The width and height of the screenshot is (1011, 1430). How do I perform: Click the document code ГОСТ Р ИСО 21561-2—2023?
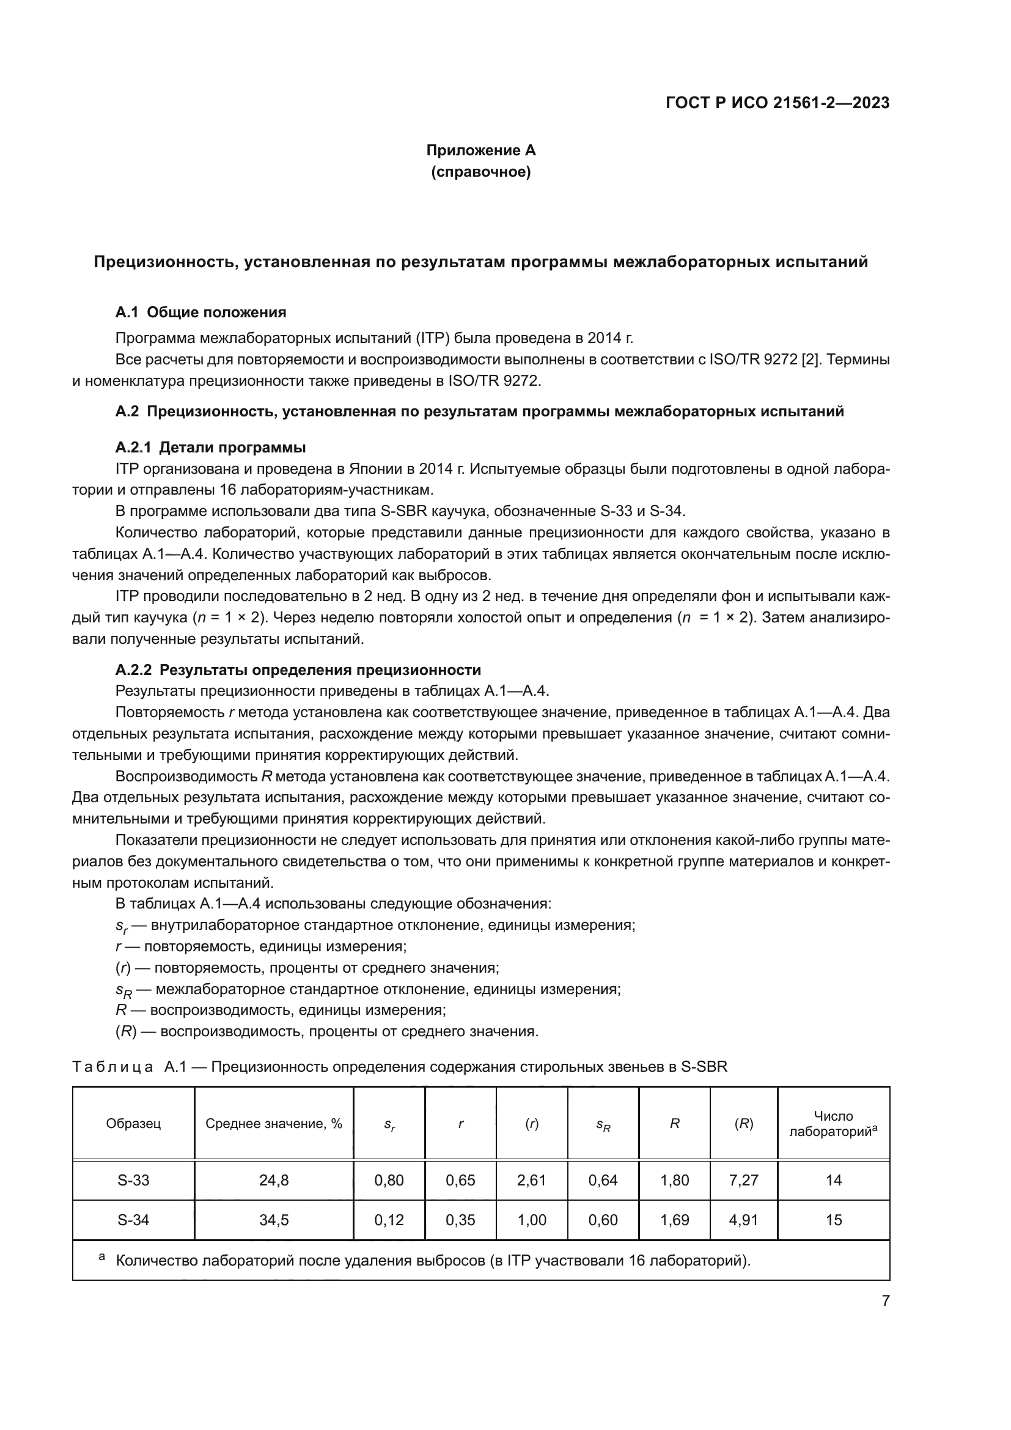(x=777, y=103)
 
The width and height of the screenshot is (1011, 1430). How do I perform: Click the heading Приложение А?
(x=480, y=150)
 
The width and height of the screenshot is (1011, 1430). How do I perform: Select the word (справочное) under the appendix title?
(x=480, y=172)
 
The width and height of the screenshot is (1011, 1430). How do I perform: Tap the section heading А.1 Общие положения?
(x=200, y=312)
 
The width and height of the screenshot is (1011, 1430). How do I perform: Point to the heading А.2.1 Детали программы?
(x=210, y=447)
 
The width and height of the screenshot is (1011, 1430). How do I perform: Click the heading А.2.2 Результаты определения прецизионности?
(x=298, y=669)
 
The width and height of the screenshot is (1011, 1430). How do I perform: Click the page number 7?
(x=885, y=1300)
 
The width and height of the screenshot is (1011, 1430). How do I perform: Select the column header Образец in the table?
(x=133, y=1124)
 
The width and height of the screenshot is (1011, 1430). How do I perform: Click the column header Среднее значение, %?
(x=274, y=1124)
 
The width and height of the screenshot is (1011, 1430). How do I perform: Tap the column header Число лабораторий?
(x=833, y=1124)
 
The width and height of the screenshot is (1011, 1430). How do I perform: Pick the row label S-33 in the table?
(x=133, y=1180)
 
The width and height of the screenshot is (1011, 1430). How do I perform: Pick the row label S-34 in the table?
(x=133, y=1220)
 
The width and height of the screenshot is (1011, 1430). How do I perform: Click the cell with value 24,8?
(x=274, y=1180)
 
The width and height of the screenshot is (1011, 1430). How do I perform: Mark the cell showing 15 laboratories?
(x=833, y=1220)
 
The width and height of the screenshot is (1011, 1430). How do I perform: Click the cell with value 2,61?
(x=532, y=1180)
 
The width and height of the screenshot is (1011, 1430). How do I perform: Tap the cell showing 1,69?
(x=675, y=1220)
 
